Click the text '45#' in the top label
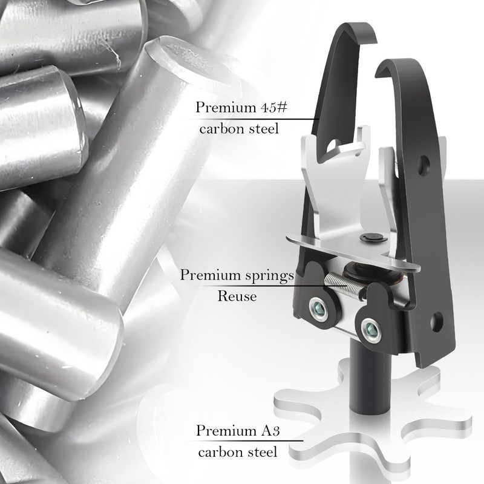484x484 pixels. (x=274, y=108)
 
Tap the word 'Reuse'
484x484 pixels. (x=237, y=296)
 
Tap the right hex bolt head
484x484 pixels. (x=371, y=330)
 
